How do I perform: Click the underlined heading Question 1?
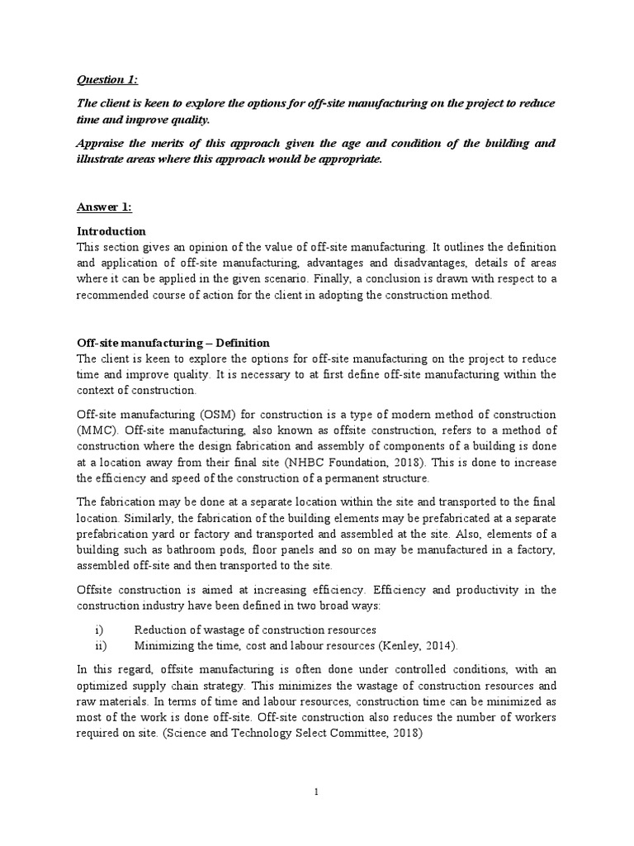107,79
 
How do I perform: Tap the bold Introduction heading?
111,231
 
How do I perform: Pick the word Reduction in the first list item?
160,630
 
